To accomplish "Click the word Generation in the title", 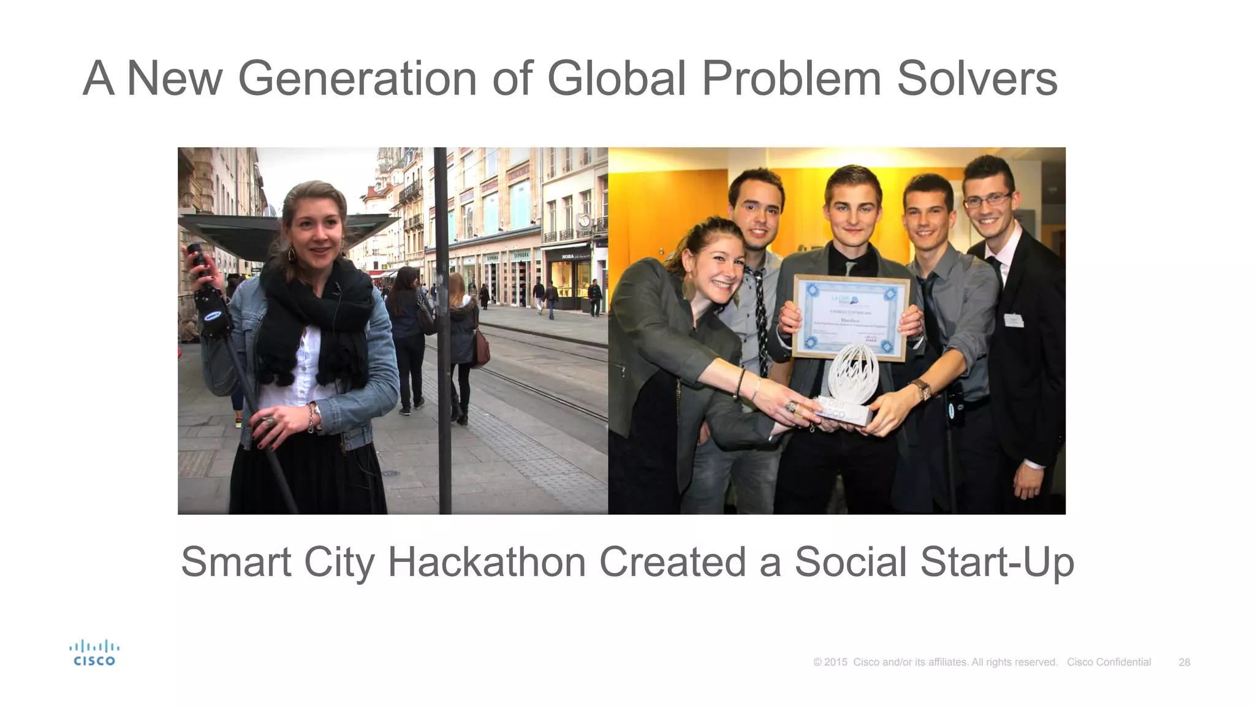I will click(357, 78).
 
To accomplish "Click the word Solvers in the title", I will click(977, 78).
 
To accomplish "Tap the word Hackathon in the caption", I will click(487, 561).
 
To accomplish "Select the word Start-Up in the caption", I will click(996, 561).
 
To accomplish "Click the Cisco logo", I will click(94, 653).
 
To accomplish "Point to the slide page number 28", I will click(1184, 662).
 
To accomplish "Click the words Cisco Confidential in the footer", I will click(1109, 662).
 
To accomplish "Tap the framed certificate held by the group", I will click(851, 317).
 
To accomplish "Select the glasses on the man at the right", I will click(987, 200).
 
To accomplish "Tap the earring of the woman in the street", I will click(292, 254).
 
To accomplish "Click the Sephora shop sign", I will click(521, 255).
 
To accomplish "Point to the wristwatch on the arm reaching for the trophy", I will click(921, 389).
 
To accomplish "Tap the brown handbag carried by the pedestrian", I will click(482, 349).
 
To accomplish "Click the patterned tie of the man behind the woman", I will click(761, 319).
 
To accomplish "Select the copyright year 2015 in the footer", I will click(835, 662).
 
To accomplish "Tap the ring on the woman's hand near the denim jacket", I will click(268, 421).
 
